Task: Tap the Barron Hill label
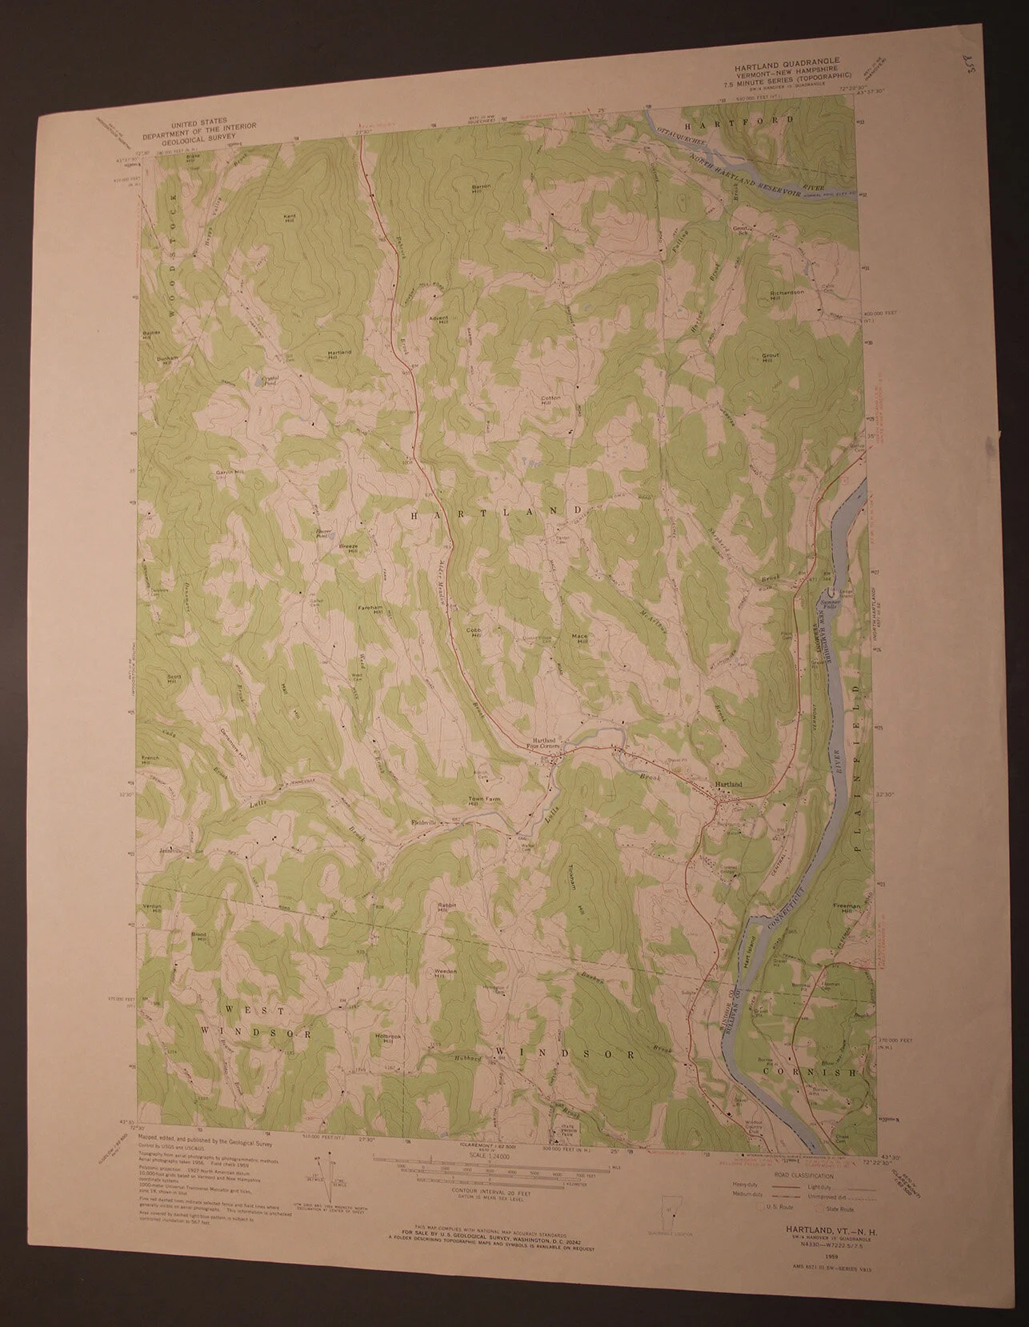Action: pos(481,189)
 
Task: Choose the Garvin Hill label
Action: pos(228,473)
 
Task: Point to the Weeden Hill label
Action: pos(445,974)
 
